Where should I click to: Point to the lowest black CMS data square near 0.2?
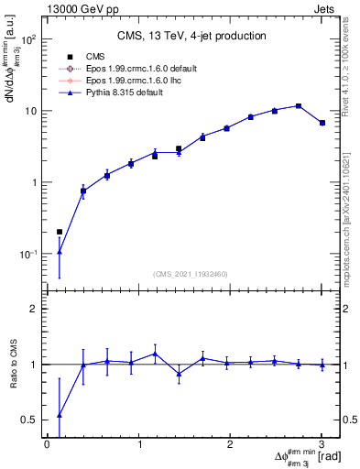coord(60,232)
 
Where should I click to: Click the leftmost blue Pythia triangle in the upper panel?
coord(60,251)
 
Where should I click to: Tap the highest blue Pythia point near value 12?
coord(299,105)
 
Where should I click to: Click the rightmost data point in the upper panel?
coord(322,123)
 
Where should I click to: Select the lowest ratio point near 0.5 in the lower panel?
coord(60,414)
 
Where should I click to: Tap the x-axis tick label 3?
coord(322,444)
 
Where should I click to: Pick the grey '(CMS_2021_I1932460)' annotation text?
coord(190,274)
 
